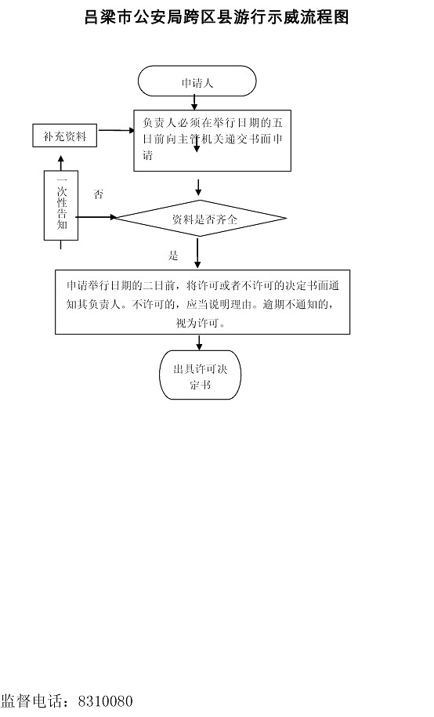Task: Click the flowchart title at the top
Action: click(x=217, y=17)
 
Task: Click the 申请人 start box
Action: click(x=197, y=81)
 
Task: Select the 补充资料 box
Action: click(x=64, y=136)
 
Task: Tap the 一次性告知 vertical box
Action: click(x=61, y=205)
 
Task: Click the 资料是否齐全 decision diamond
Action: click(x=200, y=219)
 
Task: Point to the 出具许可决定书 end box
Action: click(x=200, y=375)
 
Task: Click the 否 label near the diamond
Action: click(x=99, y=195)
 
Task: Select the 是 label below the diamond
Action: click(x=173, y=256)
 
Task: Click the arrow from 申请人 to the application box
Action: click(x=195, y=103)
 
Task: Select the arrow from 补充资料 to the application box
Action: click(x=116, y=130)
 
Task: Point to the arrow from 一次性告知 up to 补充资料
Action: click(x=61, y=163)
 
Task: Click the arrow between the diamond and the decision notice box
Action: click(x=197, y=253)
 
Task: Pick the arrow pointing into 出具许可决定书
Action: click(x=199, y=342)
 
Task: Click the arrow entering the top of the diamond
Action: click(x=198, y=187)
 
